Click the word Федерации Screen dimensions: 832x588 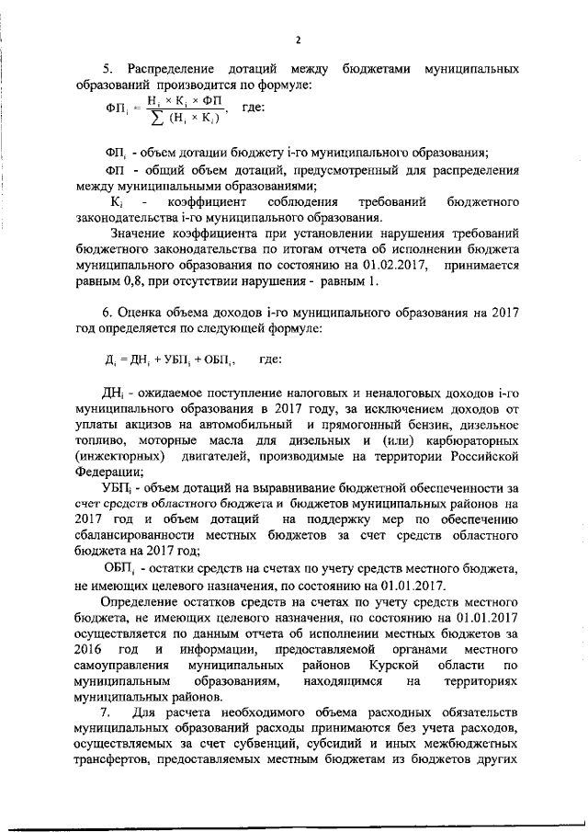105,473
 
